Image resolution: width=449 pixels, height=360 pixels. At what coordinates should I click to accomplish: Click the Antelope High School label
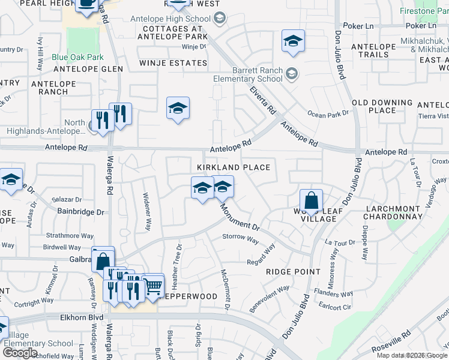pos(170,19)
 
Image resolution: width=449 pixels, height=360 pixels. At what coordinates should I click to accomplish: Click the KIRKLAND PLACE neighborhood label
pos(234,167)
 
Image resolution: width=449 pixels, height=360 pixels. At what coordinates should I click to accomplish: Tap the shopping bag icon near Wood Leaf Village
pos(312,201)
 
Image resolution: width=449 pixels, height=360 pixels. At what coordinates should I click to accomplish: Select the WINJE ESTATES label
pos(173,62)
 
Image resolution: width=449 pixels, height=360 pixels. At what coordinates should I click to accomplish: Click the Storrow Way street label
pos(240,237)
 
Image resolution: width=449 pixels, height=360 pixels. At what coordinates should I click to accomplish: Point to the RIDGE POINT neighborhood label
pos(294,272)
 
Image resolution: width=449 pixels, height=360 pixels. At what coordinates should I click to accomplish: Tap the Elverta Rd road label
pos(263,101)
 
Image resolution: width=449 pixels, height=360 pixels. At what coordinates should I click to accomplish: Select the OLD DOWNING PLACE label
pos(382,107)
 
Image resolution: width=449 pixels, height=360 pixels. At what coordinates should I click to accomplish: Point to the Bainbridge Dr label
pos(80,212)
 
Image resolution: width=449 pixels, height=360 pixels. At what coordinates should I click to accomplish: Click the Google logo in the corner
pos(20,352)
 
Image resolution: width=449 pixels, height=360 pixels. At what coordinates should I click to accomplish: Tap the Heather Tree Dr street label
pos(178,261)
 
